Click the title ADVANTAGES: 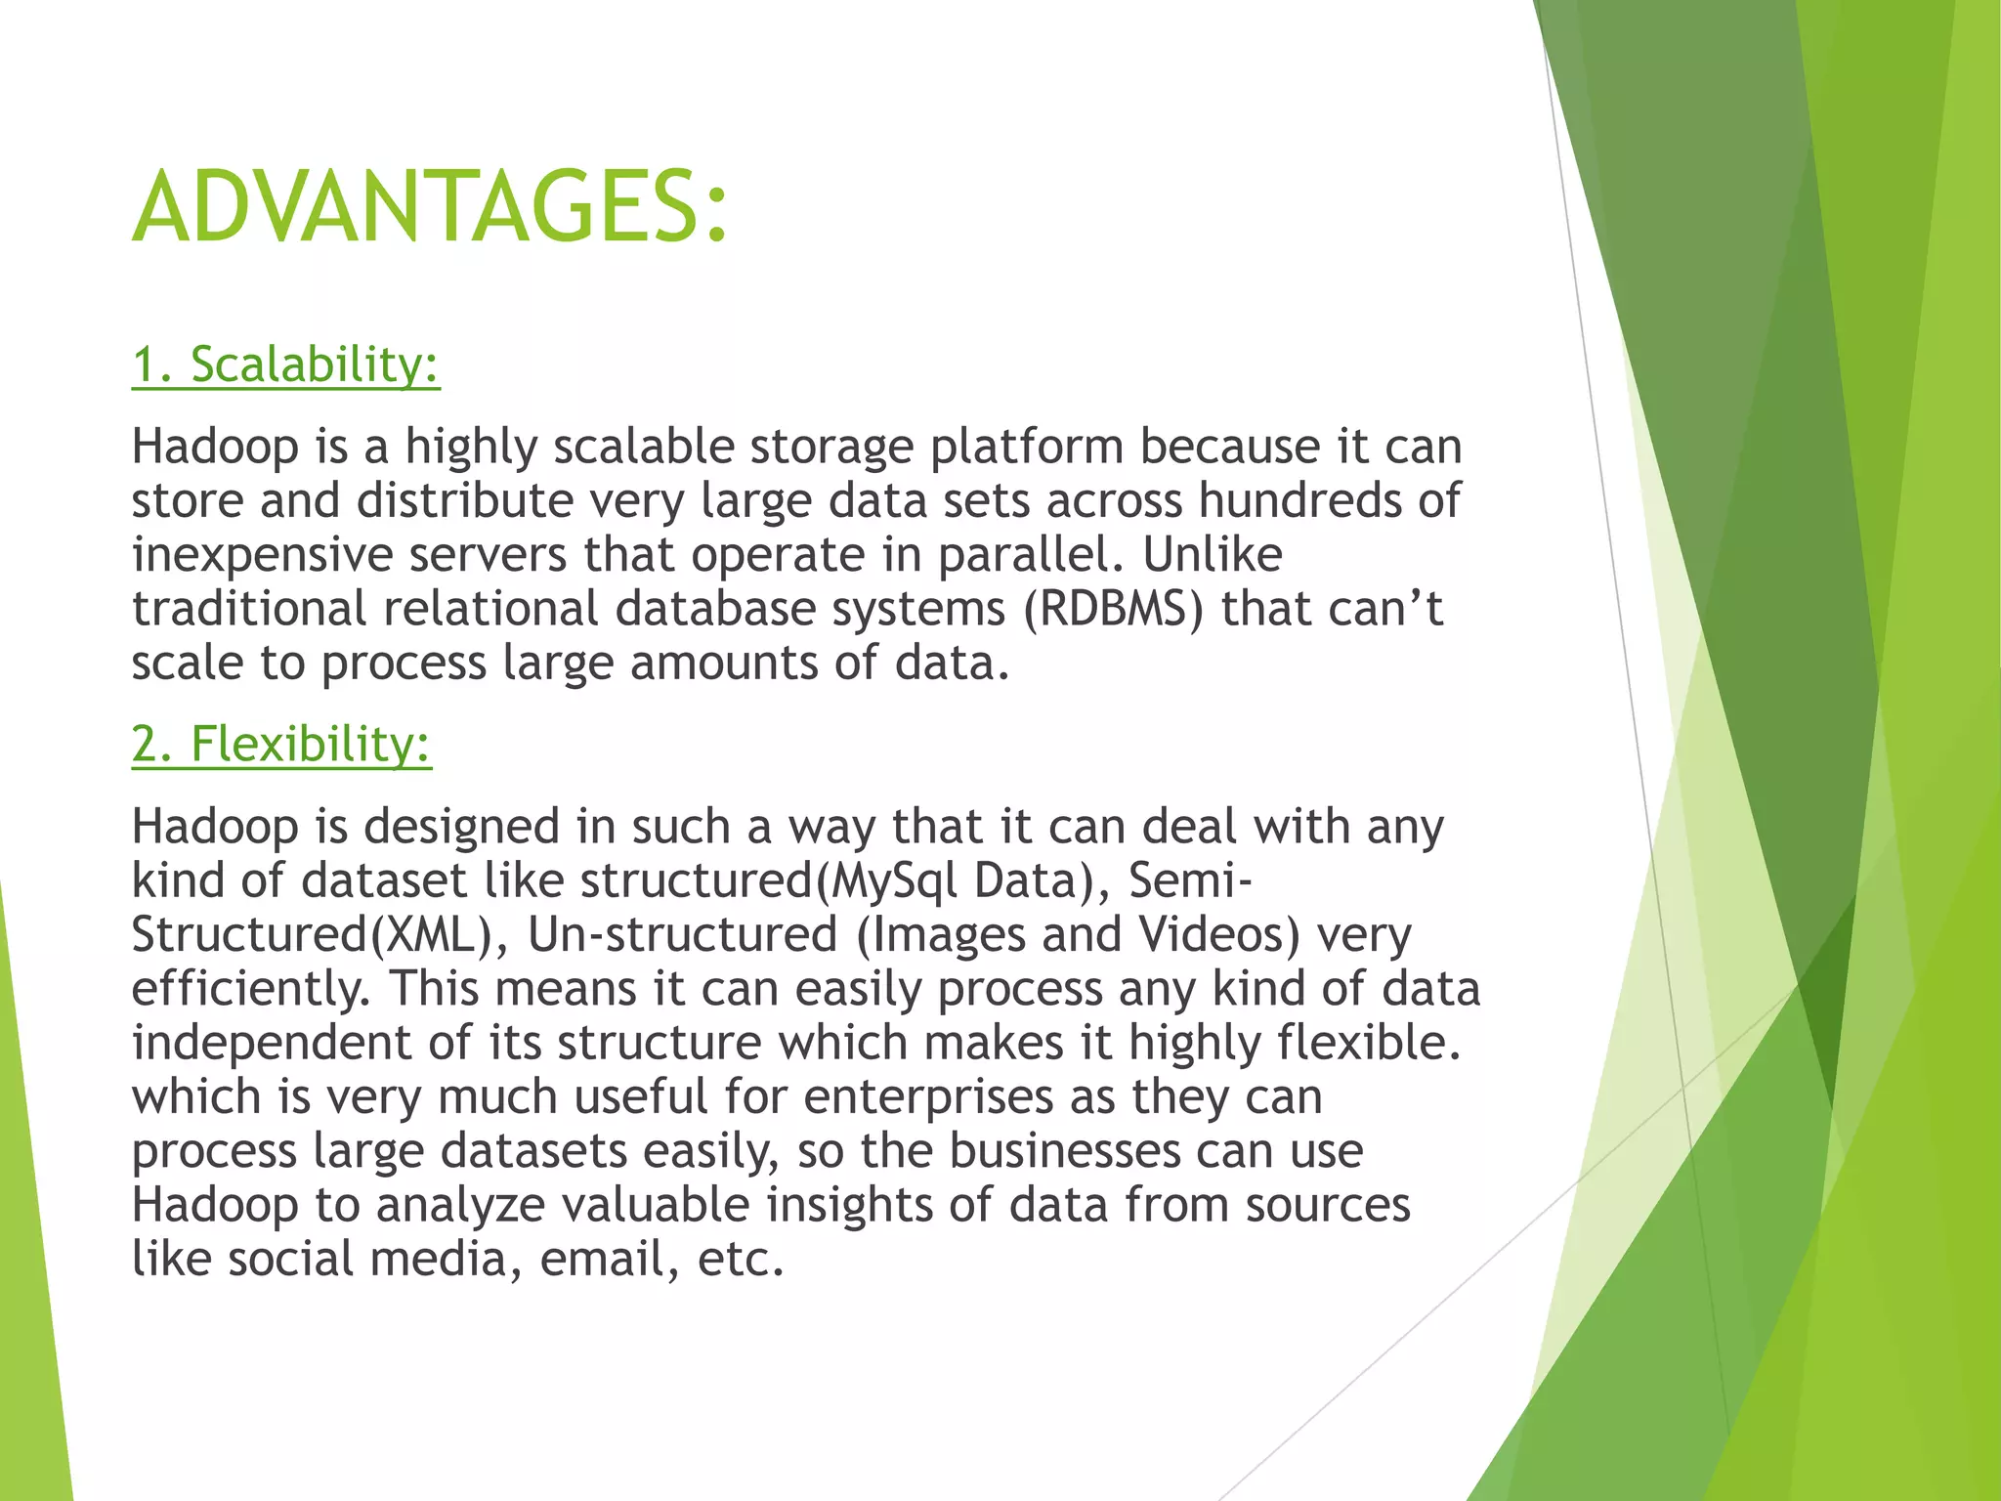[x=430, y=207]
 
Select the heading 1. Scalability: [x=285, y=365]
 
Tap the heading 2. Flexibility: [x=281, y=744]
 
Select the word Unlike [x=1212, y=555]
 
